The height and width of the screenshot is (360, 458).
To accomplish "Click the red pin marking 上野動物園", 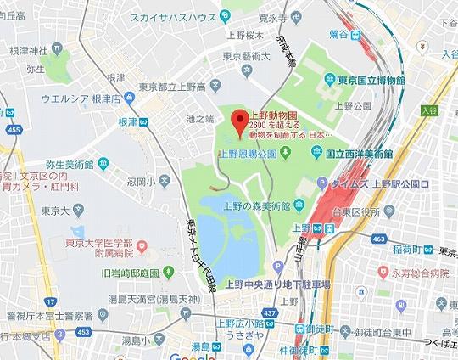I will point(241,124).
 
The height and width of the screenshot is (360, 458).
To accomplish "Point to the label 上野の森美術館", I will point(256,205).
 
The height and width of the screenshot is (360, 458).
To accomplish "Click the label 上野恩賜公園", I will point(249,154).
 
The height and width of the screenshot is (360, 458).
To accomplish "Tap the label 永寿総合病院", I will point(416,273).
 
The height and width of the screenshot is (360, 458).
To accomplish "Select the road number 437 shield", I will point(271,313).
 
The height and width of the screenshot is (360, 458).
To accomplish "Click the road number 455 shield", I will point(12,130).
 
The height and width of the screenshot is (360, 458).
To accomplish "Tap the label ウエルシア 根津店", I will point(72,98).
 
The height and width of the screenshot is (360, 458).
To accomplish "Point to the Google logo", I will point(192,352).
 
